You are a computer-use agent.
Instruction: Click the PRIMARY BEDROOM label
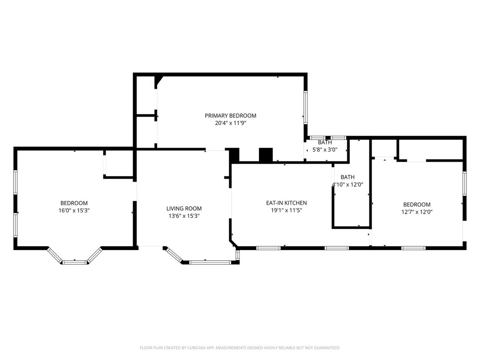point(230,116)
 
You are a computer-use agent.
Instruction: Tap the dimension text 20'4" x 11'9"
point(230,123)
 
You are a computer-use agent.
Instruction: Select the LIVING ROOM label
point(184,209)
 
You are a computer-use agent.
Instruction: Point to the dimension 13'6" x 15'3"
point(184,216)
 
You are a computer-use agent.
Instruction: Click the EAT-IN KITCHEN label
point(286,203)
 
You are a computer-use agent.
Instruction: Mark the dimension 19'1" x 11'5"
point(286,210)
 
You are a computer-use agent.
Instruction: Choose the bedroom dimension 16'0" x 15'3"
point(74,210)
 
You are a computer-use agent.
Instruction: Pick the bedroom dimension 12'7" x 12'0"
point(417,212)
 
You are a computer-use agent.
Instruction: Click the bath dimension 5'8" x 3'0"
point(325,150)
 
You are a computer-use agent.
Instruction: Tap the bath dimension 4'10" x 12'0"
point(348,185)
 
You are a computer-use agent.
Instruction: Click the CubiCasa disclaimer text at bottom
point(240,348)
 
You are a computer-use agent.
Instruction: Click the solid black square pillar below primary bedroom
point(266,155)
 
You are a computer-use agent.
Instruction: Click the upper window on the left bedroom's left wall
point(15,182)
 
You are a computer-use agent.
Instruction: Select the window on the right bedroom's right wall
point(465,183)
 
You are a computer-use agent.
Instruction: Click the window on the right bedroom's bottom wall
point(413,248)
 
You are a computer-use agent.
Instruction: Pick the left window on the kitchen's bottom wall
point(268,248)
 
